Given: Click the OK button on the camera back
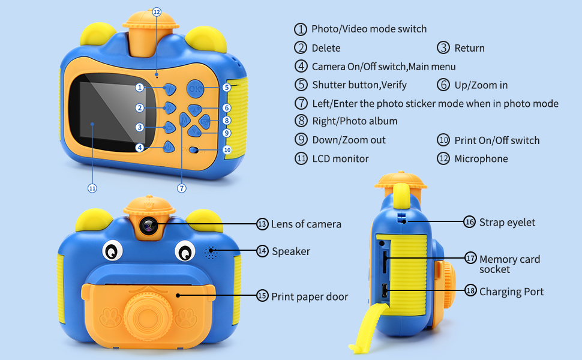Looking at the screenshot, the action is (194, 89).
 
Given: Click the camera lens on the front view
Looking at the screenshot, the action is (148, 226).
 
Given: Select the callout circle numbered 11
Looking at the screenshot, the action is (92, 188).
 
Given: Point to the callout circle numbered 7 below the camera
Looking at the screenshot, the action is (182, 188).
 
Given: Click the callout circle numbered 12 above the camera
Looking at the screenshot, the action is (157, 11).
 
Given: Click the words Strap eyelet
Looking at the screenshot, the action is (507, 223).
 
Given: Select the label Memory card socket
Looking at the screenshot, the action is (509, 264).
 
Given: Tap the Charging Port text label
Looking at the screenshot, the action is (511, 292).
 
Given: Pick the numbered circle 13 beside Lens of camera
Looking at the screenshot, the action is (262, 224).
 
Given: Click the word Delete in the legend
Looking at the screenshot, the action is (326, 48).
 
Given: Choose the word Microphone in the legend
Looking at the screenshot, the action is (481, 159).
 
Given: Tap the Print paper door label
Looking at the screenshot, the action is (309, 296).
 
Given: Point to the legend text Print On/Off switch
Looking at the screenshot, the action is (497, 140).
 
